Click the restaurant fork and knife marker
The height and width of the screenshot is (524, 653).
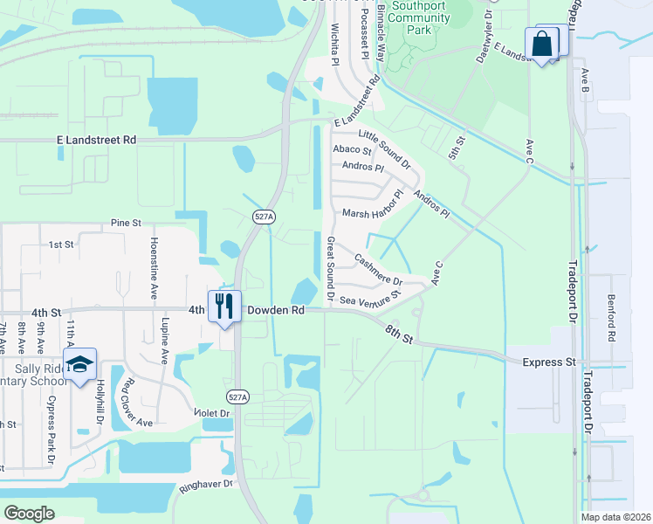[x=224, y=306]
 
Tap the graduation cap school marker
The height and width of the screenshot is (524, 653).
[x=79, y=364]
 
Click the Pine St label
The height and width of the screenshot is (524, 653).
[x=126, y=224]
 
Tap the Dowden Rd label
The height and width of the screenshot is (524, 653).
[x=275, y=310]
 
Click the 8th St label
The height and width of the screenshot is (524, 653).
[x=398, y=332]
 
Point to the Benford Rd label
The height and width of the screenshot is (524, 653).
[x=612, y=317]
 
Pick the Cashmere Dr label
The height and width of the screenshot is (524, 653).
[x=378, y=271]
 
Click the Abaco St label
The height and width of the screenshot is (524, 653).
[x=353, y=149]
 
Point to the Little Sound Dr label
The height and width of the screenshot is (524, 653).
[x=385, y=148]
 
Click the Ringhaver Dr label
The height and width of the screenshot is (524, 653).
[x=205, y=483]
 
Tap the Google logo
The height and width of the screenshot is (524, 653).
[x=30, y=513]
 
